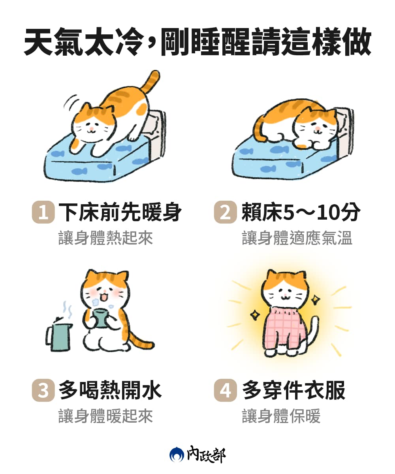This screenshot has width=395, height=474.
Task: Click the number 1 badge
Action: tap(43, 212)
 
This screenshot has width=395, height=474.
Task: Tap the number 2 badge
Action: tap(225, 212)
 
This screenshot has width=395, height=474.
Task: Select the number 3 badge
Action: tap(43, 390)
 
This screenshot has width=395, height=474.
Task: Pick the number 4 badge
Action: tap(225, 390)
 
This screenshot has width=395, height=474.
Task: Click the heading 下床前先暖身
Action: tap(120, 213)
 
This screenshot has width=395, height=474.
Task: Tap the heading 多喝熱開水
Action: tap(110, 390)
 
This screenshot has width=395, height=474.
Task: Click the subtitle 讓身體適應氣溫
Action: tap(297, 239)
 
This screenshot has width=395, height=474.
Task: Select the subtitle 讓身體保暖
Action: tap(281, 416)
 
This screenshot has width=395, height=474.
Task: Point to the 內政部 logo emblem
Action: tap(177, 455)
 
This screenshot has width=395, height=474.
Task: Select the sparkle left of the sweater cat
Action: tap(254, 315)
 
